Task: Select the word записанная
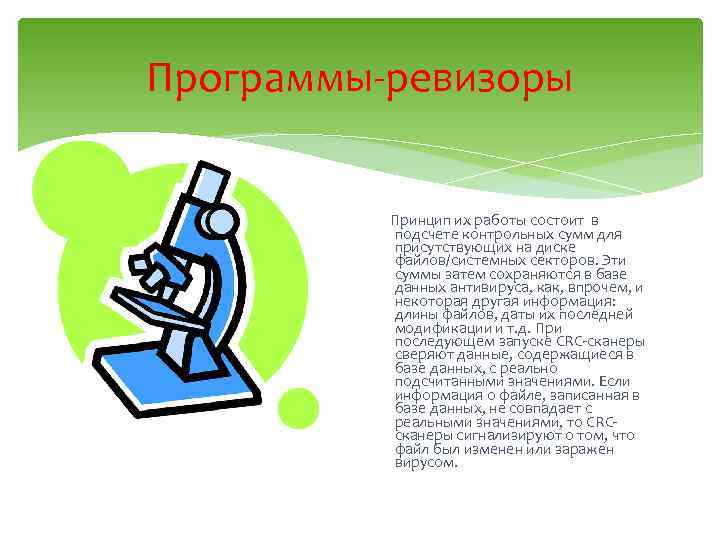tap(573, 395)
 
